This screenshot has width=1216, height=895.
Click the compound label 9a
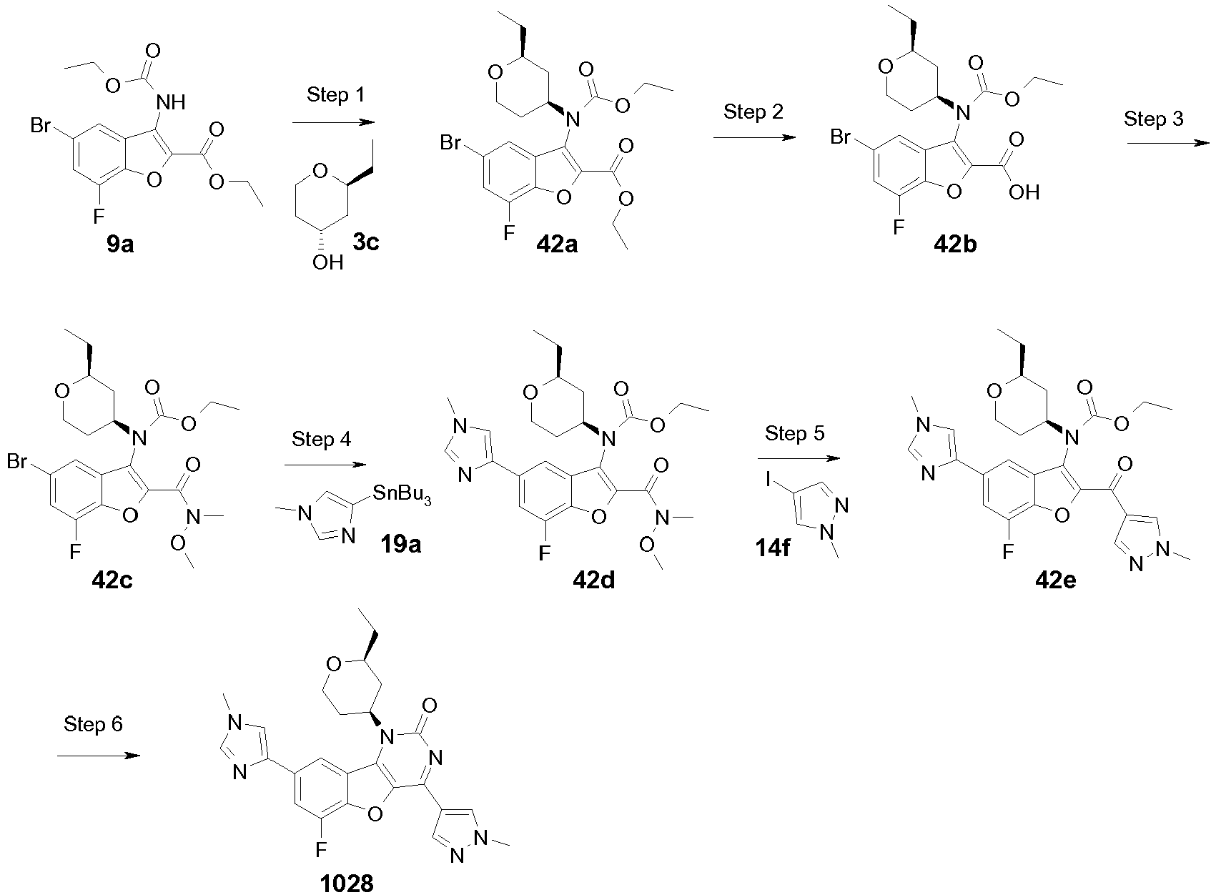coord(120,244)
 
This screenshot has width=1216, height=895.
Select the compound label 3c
coord(365,242)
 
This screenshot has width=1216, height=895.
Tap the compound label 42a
coord(557,244)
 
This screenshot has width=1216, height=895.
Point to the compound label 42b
coord(955,244)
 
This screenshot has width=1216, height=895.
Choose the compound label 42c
coord(112,580)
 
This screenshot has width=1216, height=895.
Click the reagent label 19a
coord(400,544)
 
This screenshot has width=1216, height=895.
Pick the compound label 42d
coord(594,580)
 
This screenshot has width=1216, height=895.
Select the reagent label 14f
coord(773,548)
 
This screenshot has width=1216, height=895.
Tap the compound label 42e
coord(1056,580)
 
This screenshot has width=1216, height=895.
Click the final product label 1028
coord(347,884)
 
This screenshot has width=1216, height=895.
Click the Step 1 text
coord(335,94)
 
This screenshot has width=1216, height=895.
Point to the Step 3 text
coord(1153,119)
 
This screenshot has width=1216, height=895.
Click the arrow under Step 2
coord(755,138)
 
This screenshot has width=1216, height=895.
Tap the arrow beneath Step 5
coord(799,459)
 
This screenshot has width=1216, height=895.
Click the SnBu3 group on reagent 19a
coord(402,495)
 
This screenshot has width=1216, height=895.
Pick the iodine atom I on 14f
coord(768,479)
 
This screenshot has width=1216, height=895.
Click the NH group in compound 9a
coord(170,102)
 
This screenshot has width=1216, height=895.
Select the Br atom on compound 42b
coord(841,137)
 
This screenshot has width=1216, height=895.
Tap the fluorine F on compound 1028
coord(322,849)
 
